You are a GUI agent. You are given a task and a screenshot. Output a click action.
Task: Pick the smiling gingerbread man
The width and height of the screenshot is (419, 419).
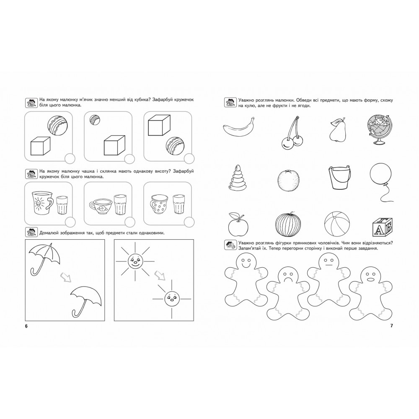coord(246,279)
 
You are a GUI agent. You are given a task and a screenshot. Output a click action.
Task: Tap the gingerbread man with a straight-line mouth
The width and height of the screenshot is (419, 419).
coord(328,279)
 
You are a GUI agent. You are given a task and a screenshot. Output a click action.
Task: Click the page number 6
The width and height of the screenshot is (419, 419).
coord(26,326)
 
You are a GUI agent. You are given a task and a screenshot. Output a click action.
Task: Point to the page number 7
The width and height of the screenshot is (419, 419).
coord(391,326)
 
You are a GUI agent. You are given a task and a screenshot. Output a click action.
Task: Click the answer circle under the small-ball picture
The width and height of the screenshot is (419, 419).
coord(130,159)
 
